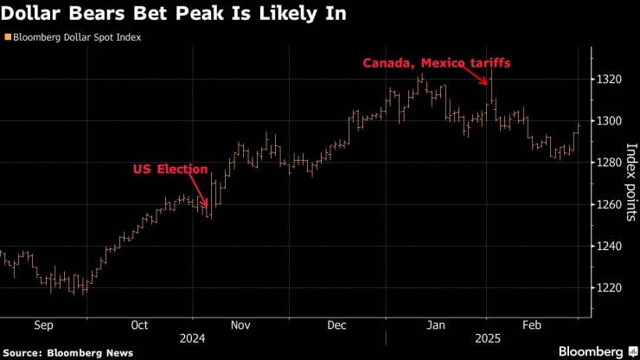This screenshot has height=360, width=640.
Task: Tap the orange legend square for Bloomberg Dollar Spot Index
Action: [x=8, y=38]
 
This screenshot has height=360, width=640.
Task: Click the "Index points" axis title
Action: [x=630, y=182]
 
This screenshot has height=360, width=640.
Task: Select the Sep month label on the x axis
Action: [x=43, y=326]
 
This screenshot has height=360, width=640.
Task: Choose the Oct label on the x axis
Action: [x=140, y=326]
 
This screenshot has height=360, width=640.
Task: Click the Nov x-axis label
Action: [x=240, y=326]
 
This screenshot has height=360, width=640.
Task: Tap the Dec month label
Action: [x=337, y=326]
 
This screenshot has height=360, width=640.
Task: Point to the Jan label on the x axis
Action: [x=437, y=326]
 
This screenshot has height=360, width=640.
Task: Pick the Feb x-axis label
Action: [x=533, y=326]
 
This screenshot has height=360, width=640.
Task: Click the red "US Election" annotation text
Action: [x=170, y=170]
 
